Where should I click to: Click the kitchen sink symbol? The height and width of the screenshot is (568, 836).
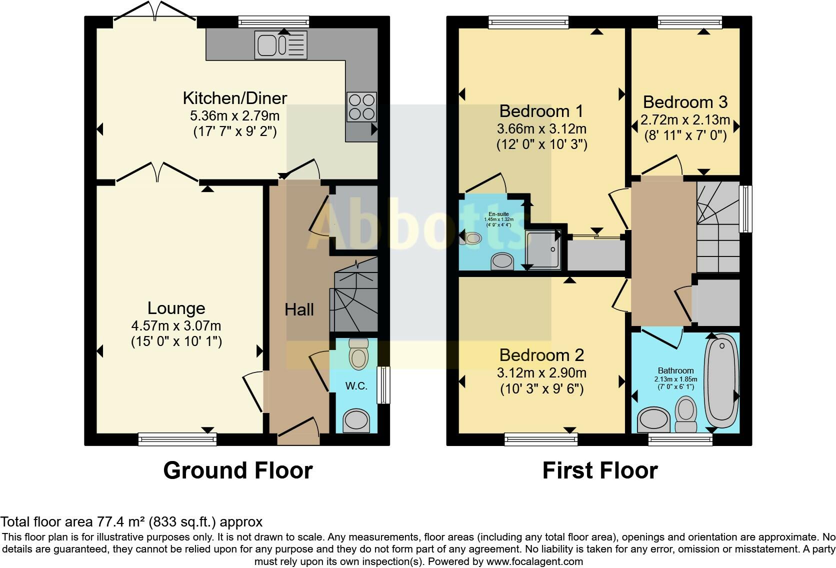(x=280, y=45)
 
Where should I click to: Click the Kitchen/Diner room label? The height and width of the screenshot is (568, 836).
(x=234, y=98)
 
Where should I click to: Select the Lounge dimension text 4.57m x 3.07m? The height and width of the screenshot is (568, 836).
(x=176, y=326)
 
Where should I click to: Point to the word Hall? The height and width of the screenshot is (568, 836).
(x=299, y=310)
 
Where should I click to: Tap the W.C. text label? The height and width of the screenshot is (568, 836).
(x=356, y=386)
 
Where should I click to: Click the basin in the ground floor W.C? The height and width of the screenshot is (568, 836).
(x=357, y=420)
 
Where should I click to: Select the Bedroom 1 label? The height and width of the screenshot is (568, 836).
(x=541, y=111)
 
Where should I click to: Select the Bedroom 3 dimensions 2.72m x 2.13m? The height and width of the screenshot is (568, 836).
(x=685, y=120)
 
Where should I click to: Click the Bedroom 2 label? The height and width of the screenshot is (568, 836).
(x=541, y=355)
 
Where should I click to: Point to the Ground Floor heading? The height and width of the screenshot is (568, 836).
(x=237, y=470)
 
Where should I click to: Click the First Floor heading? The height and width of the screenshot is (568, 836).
(x=599, y=470)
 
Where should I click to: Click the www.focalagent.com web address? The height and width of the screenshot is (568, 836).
(x=534, y=561)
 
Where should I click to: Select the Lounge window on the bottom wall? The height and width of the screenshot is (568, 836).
(x=177, y=439)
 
